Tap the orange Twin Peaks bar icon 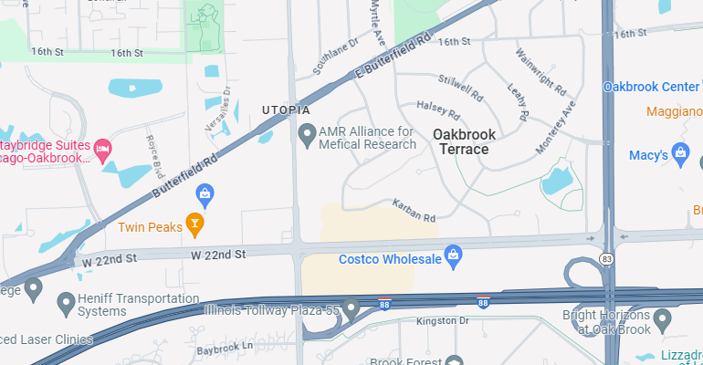[194, 222]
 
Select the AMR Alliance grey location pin [308, 136]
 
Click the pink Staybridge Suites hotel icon [103, 148]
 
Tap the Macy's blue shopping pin [679, 154]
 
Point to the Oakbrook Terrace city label [465, 141]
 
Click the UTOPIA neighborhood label [279, 109]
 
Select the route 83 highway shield [608, 260]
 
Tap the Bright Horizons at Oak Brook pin [663, 320]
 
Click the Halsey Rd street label [437, 109]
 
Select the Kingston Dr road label [442, 321]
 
